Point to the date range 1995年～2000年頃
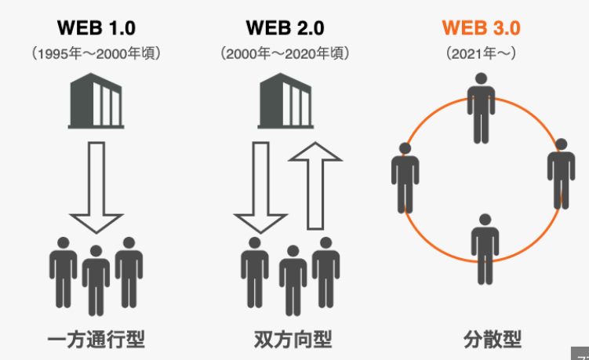tap(96, 54)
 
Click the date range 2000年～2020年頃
tap(285, 54)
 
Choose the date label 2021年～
tap(482, 54)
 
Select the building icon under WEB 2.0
tap(285, 101)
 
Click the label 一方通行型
tap(96, 340)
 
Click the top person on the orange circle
tap(482, 107)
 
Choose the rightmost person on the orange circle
tap(561, 174)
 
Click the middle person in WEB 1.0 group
tap(96, 278)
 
